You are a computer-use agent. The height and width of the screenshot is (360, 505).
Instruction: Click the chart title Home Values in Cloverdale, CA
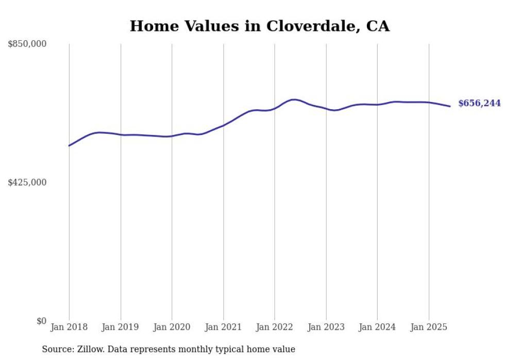coord(259,26)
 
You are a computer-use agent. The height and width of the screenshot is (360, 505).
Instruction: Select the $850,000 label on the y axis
coord(27,44)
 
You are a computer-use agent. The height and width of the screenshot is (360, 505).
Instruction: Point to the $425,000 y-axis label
coord(27,182)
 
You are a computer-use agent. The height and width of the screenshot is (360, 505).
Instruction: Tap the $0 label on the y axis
coord(41,321)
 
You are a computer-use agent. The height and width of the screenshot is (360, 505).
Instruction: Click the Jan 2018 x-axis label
coord(69,327)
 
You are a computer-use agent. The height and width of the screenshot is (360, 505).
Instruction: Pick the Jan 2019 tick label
coord(121,327)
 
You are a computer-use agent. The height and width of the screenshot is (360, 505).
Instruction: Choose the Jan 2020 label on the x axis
coord(172,327)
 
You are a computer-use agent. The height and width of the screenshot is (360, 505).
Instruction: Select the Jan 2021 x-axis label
coord(223,327)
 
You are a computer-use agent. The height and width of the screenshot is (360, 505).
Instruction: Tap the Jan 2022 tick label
coord(275,327)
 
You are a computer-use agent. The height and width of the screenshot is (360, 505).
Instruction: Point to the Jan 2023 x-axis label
coord(326,327)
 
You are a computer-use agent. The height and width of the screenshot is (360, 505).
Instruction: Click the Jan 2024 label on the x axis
coord(377,327)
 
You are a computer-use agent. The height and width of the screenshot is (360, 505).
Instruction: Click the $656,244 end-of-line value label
coord(479,104)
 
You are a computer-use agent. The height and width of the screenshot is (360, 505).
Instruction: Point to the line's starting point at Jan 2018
coord(69,146)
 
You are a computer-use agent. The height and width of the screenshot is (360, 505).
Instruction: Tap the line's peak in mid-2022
coord(294,99)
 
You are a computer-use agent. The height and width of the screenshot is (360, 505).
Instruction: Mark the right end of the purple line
coord(450,106)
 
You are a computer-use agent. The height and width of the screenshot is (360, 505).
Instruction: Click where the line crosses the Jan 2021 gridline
coord(223,125)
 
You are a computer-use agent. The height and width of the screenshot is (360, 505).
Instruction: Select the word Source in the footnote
coord(56,349)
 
